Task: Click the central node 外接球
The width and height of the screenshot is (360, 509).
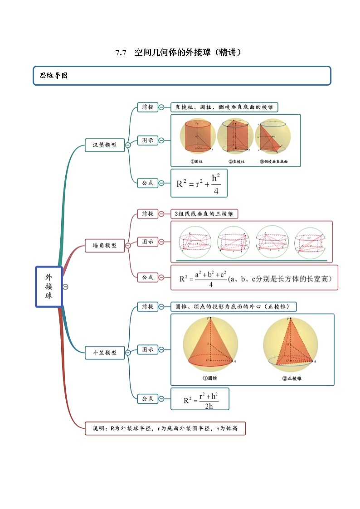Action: (x=49, y=286)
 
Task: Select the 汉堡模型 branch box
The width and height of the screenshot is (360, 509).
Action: (x=105, y=145)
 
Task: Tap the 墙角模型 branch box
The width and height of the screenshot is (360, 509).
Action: (x=105, y=245)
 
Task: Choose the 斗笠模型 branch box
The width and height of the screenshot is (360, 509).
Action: (x=105, y=352)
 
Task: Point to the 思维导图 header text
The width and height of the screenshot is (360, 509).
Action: (x=54, y=76)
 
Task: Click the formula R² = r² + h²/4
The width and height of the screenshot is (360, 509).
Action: (x=199, y=184)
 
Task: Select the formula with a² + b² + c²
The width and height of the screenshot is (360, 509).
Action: (x=254, y=277)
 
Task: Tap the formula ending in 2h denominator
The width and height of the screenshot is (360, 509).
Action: (x=200, y=399)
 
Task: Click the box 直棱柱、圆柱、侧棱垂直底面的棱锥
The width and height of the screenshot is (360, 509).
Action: (x=224, y=107)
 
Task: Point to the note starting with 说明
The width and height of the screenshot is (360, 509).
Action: (x=165, y=428)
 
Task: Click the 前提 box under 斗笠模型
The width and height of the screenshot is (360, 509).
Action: (x=147, y=306)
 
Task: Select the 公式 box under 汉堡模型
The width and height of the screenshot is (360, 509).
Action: (x=147, y=183)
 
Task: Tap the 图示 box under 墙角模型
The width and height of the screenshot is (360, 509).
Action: (x=147, y=242)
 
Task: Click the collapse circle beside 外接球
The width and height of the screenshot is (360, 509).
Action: (x=66, y=286)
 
